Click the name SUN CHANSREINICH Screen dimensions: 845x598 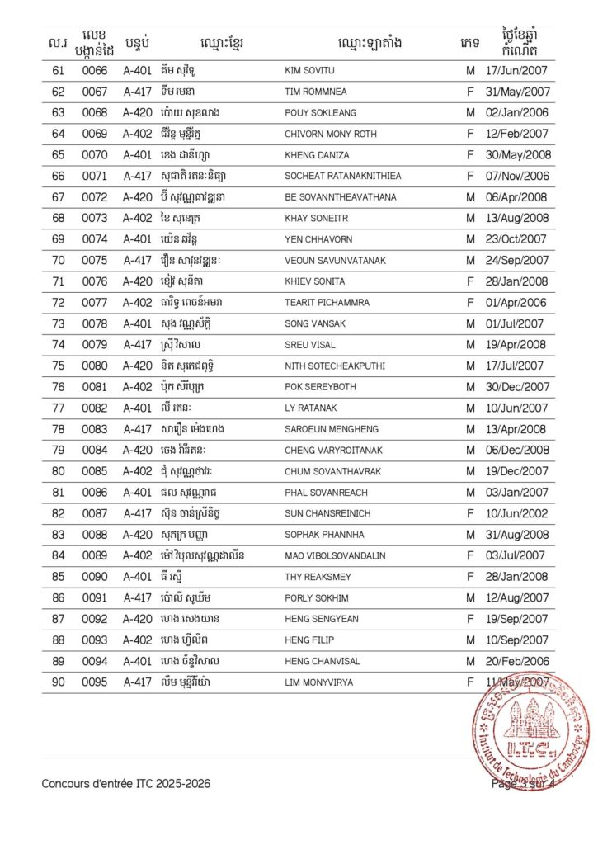click(327, 513)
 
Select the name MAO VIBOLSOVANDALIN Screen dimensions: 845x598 click(335, 555)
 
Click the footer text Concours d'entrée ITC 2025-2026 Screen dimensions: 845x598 click(125, 783)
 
